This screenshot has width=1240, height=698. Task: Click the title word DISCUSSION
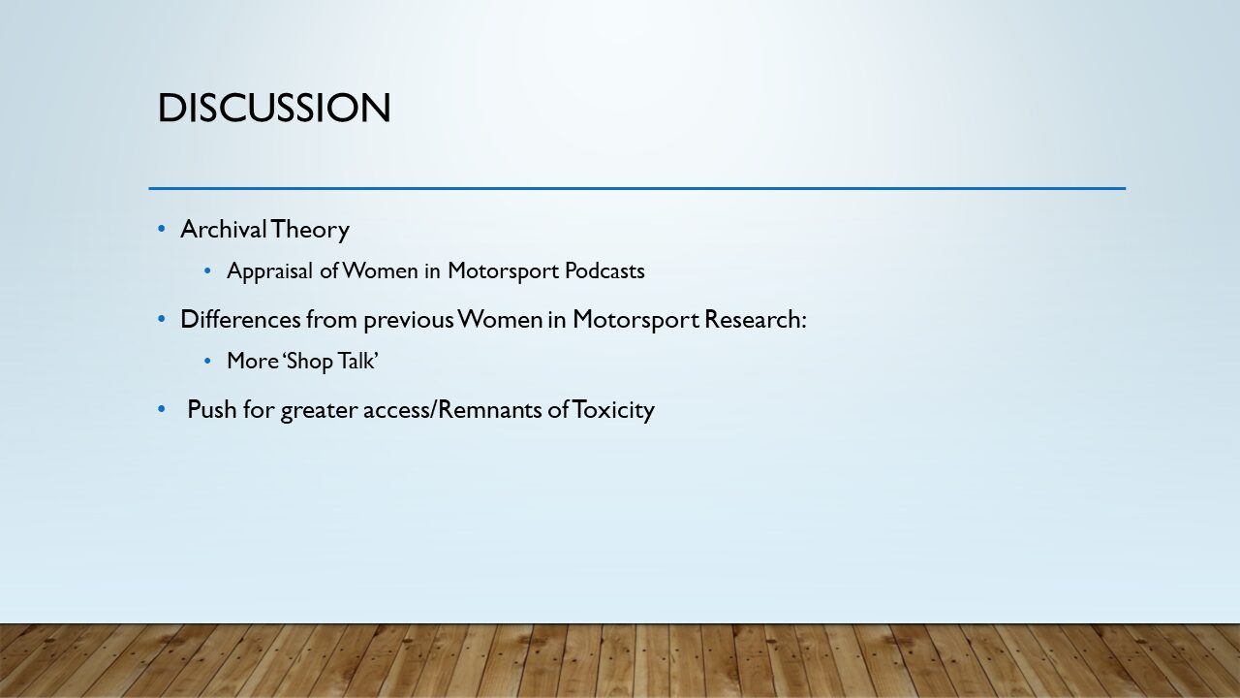(x=274, y=108)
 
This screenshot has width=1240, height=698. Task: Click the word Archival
(x=224, y=229)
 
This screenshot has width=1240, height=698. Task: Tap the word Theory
(x=310, y=230)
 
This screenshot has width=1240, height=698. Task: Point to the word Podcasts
(x=604, y=270)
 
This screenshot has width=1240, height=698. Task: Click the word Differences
(x=240, y=319)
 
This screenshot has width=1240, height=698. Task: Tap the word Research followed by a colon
(x=755, y=319)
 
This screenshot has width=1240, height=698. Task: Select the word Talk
(x=358, y=362)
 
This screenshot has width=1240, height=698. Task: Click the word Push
(x=211, y=409)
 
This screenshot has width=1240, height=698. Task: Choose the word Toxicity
(x=613, y=410)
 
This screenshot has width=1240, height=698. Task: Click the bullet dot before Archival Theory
(x=162, y=229)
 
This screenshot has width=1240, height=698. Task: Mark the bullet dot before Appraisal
(x=207, y=270)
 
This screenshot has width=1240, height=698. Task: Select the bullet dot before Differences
(x=162, y=319)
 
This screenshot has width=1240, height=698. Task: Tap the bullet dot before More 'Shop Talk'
(x=207, y=362)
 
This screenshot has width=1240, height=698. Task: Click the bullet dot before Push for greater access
(x=162, y=409)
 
